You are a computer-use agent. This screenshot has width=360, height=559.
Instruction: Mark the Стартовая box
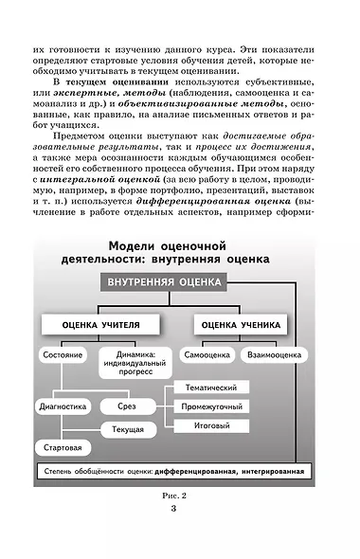click(62, 446)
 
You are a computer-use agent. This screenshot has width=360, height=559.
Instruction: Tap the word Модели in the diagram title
click(126, 243)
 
